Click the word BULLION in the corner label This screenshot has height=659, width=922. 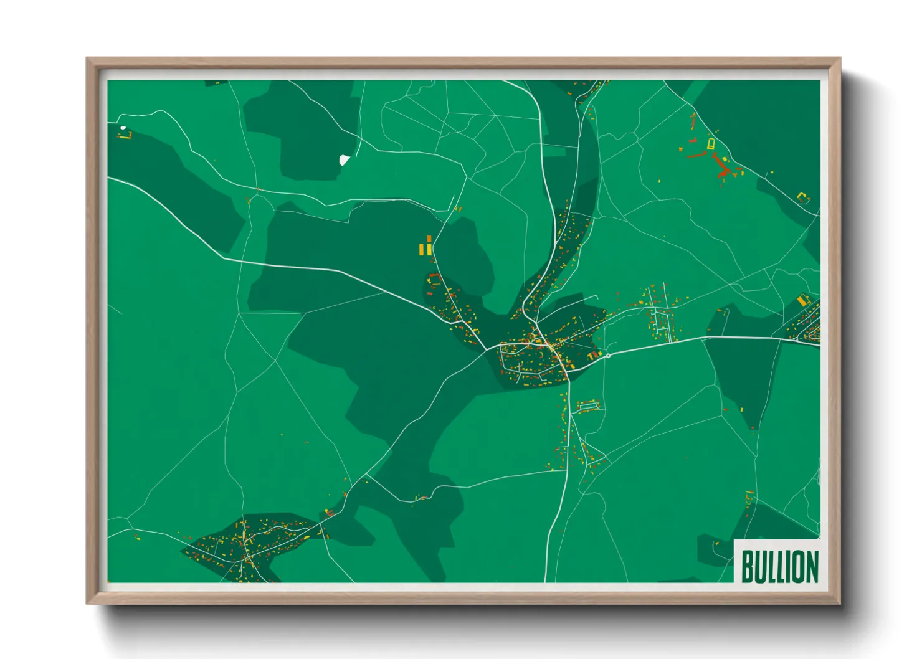(779, 566)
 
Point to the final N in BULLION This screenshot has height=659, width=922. (811, 566)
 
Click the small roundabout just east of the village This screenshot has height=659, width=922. (608, 356)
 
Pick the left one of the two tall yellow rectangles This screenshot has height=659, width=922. (422, 249)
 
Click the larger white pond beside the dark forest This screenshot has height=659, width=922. (344, 160)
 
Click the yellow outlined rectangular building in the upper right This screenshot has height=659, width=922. (711, 144)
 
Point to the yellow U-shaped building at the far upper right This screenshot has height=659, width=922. (802, 197)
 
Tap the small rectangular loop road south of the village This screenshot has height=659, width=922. (589, 406)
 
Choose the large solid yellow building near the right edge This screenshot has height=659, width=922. (802, 300)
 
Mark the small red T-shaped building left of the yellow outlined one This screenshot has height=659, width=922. (693, 141)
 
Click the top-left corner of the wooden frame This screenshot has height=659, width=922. (88, 59)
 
